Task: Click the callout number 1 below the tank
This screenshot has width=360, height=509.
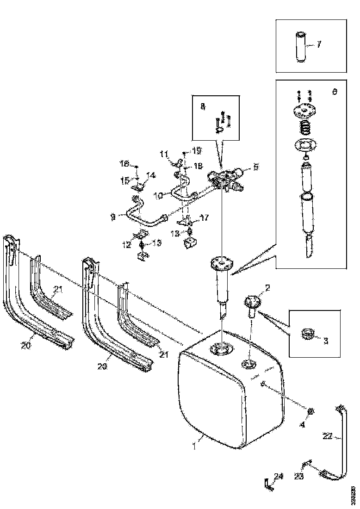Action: tap(195, 447)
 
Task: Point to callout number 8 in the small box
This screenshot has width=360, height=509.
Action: tap(203, 107)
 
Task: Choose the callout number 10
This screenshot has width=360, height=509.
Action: tap(158, 196)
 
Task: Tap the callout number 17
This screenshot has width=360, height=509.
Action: tap(204, 217)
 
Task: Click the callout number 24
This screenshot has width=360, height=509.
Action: tap(278, 477)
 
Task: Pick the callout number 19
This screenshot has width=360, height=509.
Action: tap(198, 150)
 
